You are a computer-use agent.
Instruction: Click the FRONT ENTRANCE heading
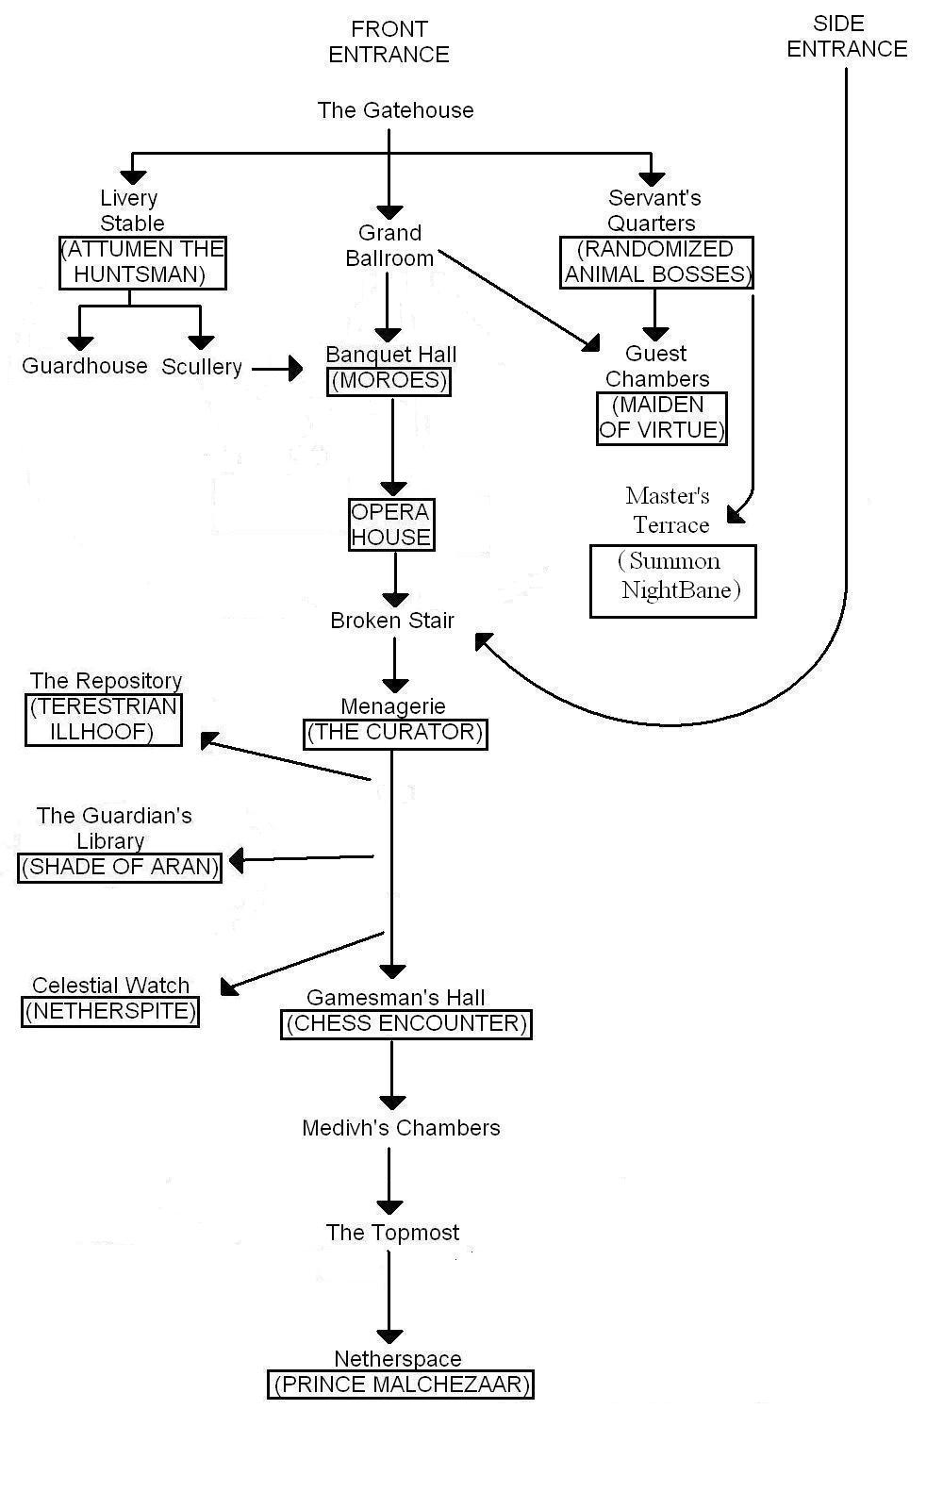coord(389,42)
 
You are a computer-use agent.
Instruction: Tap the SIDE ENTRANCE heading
coord(846,37)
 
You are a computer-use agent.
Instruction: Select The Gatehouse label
coord(395,110)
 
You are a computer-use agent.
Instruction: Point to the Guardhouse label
coord(85,366)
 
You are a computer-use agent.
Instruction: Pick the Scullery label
coord(201,367)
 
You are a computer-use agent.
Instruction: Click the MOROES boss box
coord(389,381)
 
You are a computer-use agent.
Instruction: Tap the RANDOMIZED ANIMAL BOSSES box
coord(656,262)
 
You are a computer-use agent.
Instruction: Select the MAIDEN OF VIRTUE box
coord(662,418)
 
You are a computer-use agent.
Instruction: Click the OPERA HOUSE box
coord(391,524)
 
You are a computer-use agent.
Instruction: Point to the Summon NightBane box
coord(673,581)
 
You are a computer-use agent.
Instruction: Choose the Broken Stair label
coord(392,621)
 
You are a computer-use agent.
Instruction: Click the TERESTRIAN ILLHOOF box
coord(103,720)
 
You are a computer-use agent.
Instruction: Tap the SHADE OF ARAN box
coord(120,867)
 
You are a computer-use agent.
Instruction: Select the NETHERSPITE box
coord(110,1012)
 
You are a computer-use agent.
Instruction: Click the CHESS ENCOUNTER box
coord(406,1024)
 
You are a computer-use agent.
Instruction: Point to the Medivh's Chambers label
coord(401,1128)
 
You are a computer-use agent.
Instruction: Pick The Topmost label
coord(392,1233)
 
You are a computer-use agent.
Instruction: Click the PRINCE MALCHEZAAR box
coord(401,1385)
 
